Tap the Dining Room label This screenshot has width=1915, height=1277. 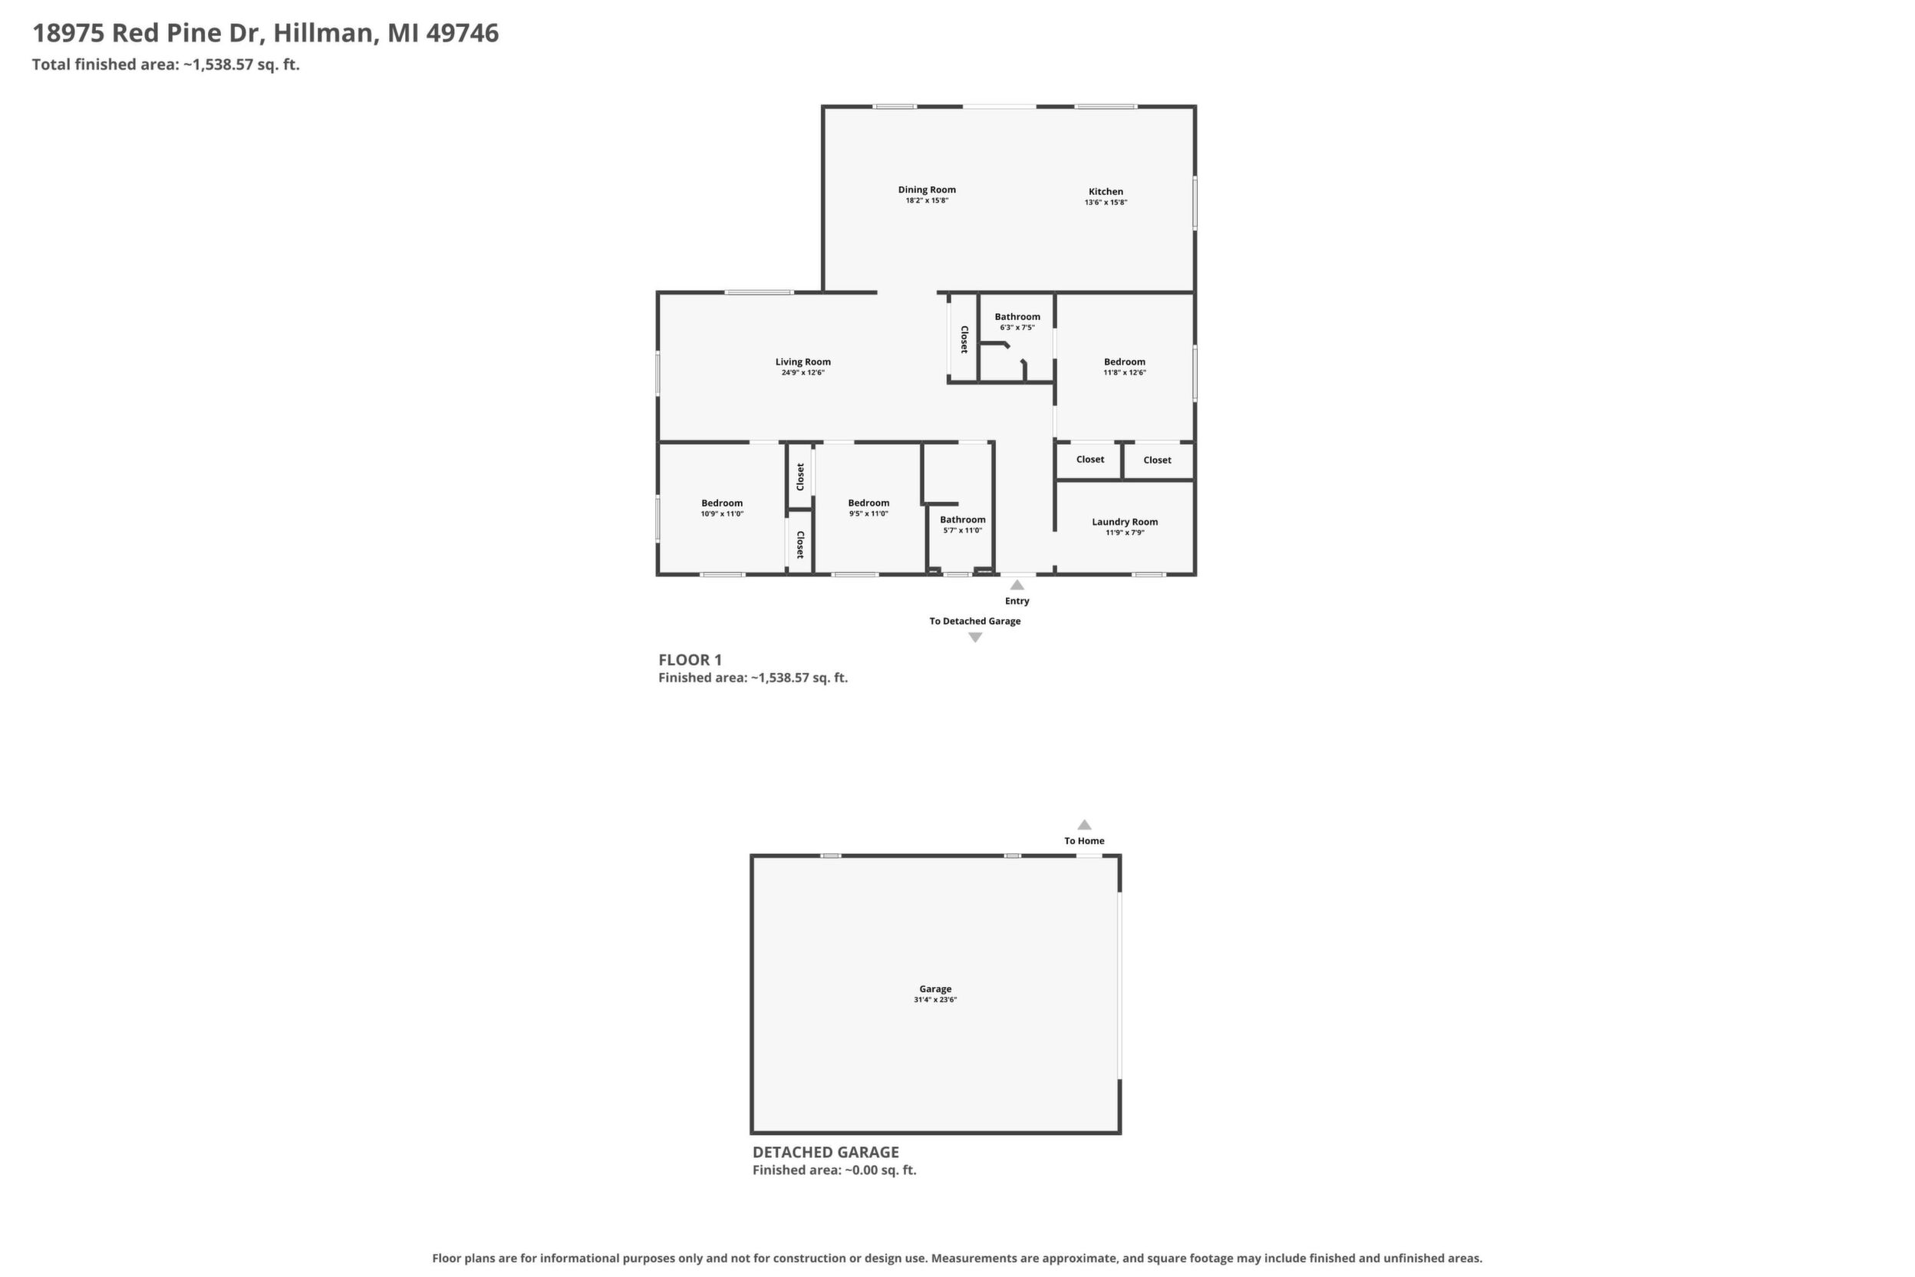pyautogui.click(x=927, y=190)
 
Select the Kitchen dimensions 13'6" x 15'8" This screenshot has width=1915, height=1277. pyautogui.click(x=1106, y=203)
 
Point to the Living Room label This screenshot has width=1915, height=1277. pyautogui.click(x=803, y=361)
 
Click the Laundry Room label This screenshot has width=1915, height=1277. pyautogui.click(x=1125, y=522)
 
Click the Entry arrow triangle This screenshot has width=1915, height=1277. pyautogui.click(x=1017, y=585)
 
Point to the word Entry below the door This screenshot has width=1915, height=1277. pyautogui.click(x=1017, y=601)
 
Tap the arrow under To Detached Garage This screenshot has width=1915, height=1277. pyautogui.click(x=974, y=638)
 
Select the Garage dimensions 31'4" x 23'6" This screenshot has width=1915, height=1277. pyautogui.click(x=934, y=999)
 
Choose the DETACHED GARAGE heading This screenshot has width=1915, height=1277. pyautogui.click(x=826, y=1153)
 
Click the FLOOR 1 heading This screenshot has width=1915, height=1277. pyautogui.click(x=690, y=660)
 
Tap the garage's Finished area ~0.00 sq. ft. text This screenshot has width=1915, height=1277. pyautogui.click(x=834, y=1170)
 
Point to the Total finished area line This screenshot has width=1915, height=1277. pyautogui.click(x=166, y=64)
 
